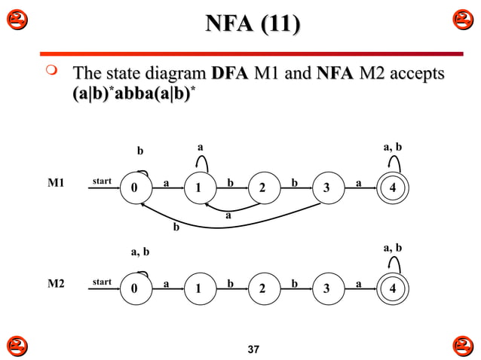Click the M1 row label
[57, 183]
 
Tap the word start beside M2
[102, 282]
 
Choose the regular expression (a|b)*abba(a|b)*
[139, 96]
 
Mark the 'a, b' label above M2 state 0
[139, 252]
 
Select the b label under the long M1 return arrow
[176, 225]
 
